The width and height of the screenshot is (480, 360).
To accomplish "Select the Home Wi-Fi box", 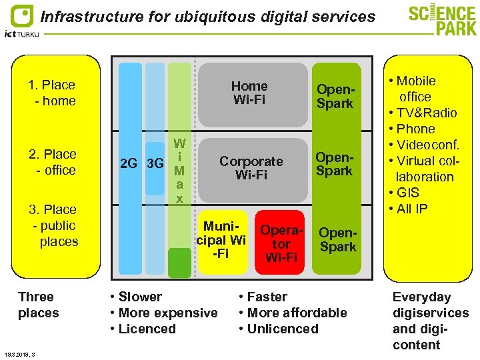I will coord(249,93).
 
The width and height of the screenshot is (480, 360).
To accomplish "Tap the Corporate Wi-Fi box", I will coord(251,168).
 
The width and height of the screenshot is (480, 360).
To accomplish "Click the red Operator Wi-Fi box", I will coord(281,243).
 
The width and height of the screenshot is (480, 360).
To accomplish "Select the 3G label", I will coord(155,163).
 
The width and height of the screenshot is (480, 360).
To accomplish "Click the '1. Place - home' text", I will coord(52,93).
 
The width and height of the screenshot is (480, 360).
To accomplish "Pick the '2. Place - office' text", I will coord(53,162).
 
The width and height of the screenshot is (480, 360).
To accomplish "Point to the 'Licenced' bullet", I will coord(146,329).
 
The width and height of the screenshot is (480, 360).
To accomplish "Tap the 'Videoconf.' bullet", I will coord(428,145).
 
